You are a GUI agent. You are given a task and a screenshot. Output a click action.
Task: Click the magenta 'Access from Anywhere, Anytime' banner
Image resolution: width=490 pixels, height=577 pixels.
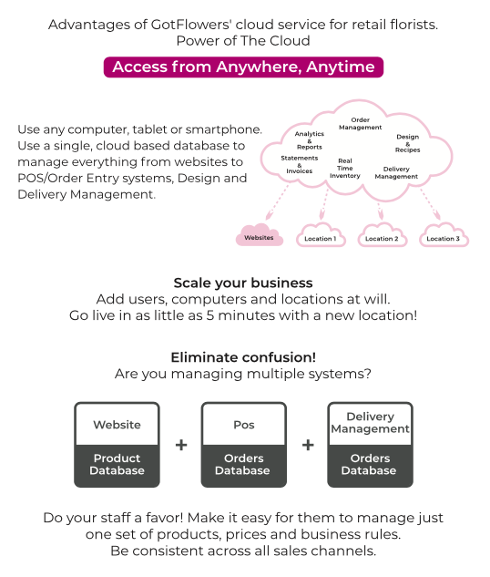pyautogui.click(x=243, y=67)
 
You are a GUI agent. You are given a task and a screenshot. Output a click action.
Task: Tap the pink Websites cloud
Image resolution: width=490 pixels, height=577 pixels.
pyautogui.click(x=260, y=235)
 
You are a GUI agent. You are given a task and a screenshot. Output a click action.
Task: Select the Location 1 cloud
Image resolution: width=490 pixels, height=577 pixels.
pyautogui.click(x=321, y=236)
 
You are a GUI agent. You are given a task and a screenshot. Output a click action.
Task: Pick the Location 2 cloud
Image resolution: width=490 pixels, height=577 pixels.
pyautogui.click(x=382, y=236)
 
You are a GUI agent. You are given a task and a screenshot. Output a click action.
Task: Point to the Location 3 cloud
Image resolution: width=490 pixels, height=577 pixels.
pyautogui.click(x=444, y=236)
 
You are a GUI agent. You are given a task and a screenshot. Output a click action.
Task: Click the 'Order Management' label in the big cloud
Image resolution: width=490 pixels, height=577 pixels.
pyautogui.click(x=361, y=124)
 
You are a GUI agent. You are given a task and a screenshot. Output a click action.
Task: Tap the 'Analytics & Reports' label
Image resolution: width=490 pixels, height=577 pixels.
pyautogui.click(x=310, y=140)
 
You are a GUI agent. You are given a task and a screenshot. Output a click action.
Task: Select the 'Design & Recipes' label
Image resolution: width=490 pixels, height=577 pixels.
pyautogui.click(x=408, y=143)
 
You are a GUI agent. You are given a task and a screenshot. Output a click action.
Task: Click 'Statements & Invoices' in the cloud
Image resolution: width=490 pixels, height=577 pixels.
pyautogui.click(x=300, y=164)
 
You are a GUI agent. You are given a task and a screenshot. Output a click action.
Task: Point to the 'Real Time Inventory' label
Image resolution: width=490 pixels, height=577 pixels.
pyautogui.click(x=345, y=168)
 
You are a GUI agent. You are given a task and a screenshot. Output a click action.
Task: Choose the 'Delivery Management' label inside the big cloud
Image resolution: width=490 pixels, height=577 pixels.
pyautogui.click(x=396, y=172)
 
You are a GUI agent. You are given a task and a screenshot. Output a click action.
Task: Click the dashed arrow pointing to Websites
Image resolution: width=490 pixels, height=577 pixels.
pyautogui.click(x=277, y=203)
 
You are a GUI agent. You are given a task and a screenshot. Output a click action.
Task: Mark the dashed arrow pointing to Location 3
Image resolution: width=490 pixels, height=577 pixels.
pyautogui.click(x=431, y=204)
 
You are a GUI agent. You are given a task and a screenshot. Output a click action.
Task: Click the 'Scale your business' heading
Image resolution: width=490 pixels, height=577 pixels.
pyautogui.click(x=243, y=283)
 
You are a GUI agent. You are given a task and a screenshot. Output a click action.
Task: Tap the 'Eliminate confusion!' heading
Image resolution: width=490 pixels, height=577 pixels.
pyautogui.click(x=243, y=357)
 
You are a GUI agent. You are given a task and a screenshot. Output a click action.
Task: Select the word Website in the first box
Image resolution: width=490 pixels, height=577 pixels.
pyautogui.click(x=117, y=425)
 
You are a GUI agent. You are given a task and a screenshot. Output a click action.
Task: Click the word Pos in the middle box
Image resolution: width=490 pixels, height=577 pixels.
pyautogui.click(x=244, y=425)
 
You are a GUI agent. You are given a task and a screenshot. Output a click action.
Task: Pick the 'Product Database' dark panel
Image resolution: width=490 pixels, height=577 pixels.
pyautogui.click(x=117, y=466)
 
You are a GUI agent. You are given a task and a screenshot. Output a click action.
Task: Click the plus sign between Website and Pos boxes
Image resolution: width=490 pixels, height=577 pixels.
pyautogui.click(x=181, y=445)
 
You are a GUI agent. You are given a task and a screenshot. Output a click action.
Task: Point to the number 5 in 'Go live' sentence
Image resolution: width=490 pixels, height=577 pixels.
pyautogui.click(x=209, y=315)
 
